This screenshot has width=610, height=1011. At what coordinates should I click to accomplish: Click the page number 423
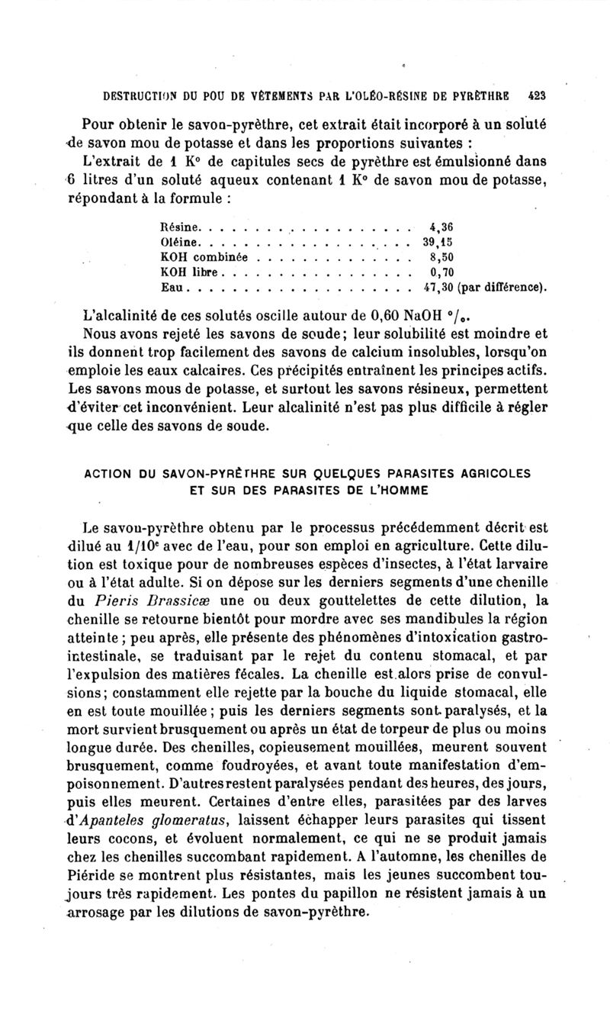[540, 96]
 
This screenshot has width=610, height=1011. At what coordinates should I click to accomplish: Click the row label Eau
[175, 288]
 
